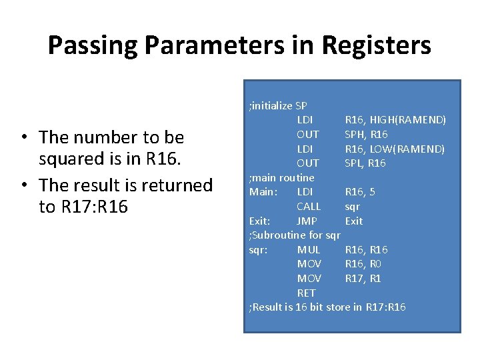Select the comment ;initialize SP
click(x=277, y=105)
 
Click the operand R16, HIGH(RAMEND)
click(x=395, y=120)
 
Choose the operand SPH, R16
click(x=366, y=135)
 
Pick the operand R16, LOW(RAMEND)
click(x=395, y=149)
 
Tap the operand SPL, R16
click(x=365, y=163)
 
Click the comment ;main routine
click(x=281, y=177)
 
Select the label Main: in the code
click(x=263, y=192)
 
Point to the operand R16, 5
click(x=360, y=192)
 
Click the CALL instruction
click(x=309, y=207)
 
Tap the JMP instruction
click(x=307, y=221)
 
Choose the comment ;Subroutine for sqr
click(x=294, y=235)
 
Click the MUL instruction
click(x=309, y=249)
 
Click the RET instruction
click(x=306, y=293)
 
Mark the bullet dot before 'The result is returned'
click(x=23, y=185)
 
